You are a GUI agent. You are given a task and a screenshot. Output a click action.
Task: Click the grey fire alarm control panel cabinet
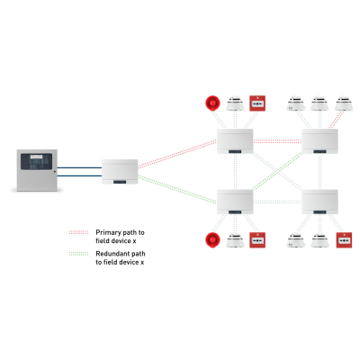pos(37,170)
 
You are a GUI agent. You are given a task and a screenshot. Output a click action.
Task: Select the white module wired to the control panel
pos(121,172)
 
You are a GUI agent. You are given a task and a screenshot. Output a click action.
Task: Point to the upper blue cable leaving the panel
pos(78,166)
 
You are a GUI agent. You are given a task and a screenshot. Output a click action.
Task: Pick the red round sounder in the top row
pos(213,103)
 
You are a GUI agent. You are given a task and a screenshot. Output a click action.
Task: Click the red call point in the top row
pos(257,103)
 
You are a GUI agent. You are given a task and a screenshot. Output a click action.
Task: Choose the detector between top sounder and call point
pos(236,103)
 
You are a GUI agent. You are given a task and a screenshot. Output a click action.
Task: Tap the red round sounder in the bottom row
pos(213,240)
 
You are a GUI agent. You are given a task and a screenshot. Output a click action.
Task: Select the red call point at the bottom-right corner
pos(342,240)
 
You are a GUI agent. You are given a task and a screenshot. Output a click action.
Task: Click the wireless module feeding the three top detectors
pos(319,141)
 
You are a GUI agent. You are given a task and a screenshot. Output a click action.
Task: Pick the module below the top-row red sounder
pos(236,141)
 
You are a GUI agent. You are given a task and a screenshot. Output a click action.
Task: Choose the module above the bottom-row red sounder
pos(236,202)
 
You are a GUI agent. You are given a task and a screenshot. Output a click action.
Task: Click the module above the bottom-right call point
pos(319,202)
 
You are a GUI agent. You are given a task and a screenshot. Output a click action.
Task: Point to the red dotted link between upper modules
pos(277,141)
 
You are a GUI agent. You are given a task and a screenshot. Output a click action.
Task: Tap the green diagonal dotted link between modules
pos(277,171)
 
